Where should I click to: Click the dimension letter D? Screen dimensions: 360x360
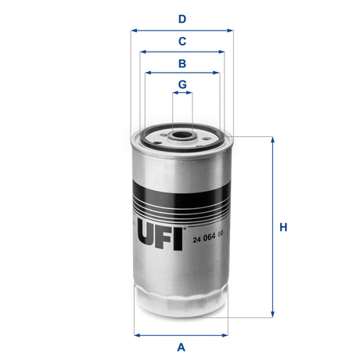[x=182, y=19]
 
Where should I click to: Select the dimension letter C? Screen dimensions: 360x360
[x=182, y=41]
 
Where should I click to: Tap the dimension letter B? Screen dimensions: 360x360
[x=182, y=63]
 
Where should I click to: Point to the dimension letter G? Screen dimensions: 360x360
[x=182, y=84]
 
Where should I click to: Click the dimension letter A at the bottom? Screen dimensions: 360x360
[x=182, y=347]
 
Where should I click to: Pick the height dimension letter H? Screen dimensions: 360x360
[x=284, y=228]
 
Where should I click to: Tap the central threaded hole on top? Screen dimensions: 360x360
[x=182, y=135]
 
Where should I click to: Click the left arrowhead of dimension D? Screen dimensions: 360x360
[x=134, y=31]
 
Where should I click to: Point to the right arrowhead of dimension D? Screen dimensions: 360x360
[x=230, y=31]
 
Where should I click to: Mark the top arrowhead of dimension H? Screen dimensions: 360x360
[x=272, y=140]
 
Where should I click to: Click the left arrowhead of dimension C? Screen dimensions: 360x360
[x=143, y=52]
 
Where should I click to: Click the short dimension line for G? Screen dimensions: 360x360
[x=182, y=93]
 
